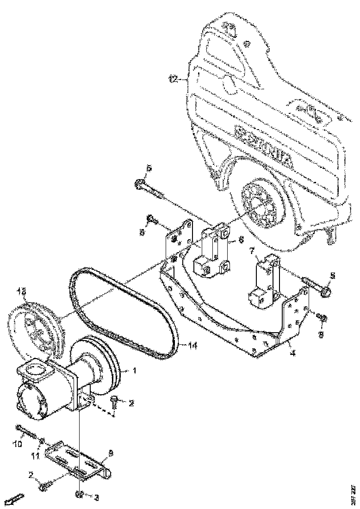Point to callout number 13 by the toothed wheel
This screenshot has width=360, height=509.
(21, 292)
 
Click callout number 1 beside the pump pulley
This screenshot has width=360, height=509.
(134, 371)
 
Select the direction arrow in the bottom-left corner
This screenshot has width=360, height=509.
(14, 500)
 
